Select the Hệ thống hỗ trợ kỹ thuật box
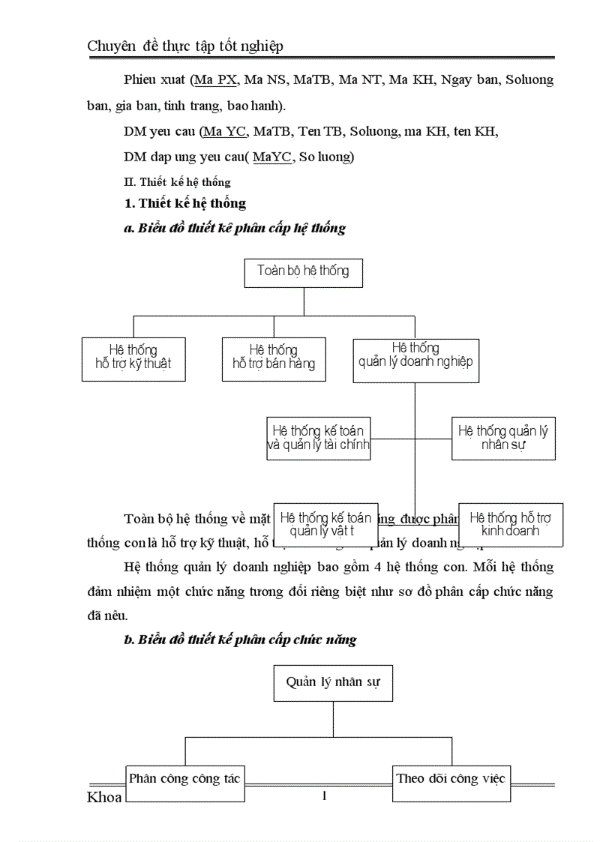pos(133,359)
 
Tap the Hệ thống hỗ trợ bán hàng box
pos(274,359)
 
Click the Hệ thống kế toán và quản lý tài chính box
pos(319,439)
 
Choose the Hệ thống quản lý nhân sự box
pos(503,439)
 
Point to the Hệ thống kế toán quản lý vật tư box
pos(325,524)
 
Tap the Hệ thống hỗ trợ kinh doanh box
pos(511,524)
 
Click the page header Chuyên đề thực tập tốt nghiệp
pos(185,46)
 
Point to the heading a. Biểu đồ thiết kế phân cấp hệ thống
pos(234,229)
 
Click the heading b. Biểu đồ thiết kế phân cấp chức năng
pos(239,640)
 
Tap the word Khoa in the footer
pos(104,797)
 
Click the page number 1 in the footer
pos(324,796)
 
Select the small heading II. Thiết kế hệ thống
pos(177,182)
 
